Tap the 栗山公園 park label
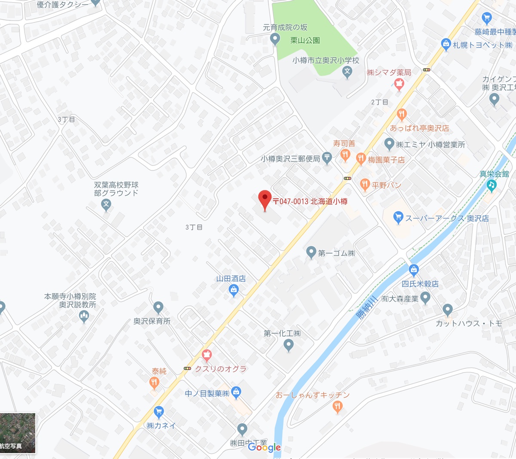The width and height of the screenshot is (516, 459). [305, 40]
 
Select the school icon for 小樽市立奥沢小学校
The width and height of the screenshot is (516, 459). [347, 73]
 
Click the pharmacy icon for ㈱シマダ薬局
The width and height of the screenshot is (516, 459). [399, 84]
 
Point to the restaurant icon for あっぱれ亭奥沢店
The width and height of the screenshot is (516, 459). [402, 115]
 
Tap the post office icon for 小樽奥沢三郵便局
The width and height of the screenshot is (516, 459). [327, 158]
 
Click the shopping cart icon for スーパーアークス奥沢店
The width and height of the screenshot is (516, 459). [398, 217]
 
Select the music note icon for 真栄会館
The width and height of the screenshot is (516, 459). [492, 185]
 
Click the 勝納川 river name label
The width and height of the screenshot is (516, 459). [366, 307]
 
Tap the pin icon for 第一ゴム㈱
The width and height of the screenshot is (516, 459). [311, 252]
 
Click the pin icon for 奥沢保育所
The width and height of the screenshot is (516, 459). [158, 307]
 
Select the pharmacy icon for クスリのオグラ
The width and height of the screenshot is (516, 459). [207, 356]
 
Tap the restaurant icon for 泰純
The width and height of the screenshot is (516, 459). [154, 382]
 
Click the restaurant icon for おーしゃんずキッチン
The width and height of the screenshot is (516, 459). [338, 406]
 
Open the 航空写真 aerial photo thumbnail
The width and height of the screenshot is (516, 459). [18, 433]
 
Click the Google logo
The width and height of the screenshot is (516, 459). [264, 447]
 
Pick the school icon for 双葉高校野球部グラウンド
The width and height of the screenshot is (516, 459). [106, 205]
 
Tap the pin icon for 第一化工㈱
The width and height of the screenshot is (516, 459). [289, 344]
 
